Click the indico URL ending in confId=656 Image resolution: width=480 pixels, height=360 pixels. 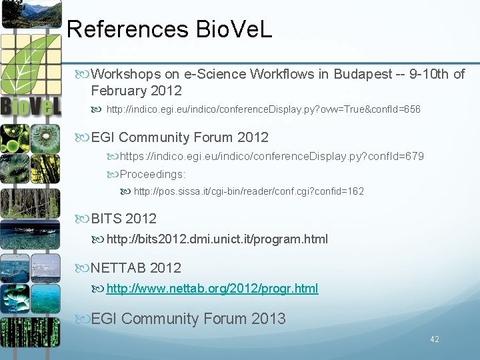point(263,109)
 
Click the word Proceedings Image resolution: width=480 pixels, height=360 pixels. point(153,173)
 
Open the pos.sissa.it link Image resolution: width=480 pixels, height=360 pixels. point(249,191)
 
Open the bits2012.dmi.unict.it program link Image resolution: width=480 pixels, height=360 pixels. point(217,239)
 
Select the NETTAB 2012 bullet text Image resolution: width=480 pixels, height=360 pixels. point(136,268)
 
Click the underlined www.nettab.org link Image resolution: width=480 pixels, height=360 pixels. point(212,289)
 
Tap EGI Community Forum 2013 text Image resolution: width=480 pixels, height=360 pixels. point(188,319)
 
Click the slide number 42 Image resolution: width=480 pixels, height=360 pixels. point(435,339)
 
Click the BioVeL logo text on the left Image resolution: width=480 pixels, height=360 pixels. point(31,107)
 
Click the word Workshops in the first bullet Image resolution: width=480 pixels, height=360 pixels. point(127,74)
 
